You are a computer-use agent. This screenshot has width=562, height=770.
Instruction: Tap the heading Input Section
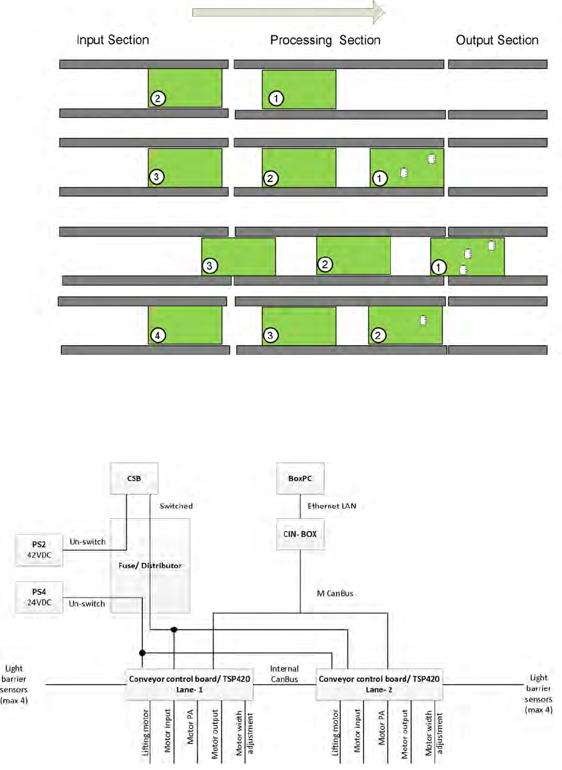[x=113, y=40]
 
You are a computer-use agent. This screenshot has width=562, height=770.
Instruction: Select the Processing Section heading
[x=325, y=40]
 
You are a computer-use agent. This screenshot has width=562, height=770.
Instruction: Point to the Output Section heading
[x=497, y=40]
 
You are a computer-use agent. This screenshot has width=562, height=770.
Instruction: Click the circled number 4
[x=159, y=334]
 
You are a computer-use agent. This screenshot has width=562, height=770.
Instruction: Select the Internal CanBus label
[x=284, y=674]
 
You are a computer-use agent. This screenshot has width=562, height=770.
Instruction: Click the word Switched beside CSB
[x=176, y=505]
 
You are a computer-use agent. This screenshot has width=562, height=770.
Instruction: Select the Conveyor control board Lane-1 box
[x=188, y=684]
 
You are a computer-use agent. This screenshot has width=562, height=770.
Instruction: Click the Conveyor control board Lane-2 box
[x=381, y=684]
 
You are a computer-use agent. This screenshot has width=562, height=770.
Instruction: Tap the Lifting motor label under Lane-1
[x=145, y=735]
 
